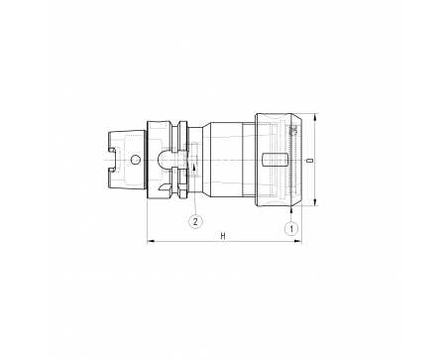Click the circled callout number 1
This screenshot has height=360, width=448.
point(291,228)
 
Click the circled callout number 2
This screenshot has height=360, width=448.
point(195,221)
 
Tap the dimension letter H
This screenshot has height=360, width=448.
point(223,236)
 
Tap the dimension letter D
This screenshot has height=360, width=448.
point(309,161)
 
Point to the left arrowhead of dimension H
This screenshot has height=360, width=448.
point(151,242)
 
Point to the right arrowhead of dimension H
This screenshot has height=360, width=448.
point(298,242)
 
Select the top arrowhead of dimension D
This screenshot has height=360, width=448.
point(315,117)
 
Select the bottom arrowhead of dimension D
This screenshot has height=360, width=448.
point(315,202)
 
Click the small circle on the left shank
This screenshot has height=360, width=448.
point(135,160)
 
